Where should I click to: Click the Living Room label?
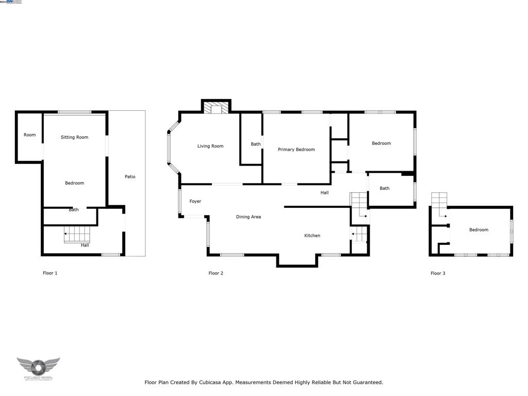coord(210,146)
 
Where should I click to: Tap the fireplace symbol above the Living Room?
coord(216,107)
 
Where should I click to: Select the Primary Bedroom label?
coord(296,150)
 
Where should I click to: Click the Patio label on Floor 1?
coord(130,177)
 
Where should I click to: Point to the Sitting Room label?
coord(74,137)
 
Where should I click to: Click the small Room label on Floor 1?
coord(29,135)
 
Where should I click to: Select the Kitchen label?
coord(312,236)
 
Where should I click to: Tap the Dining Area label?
coord(249,217)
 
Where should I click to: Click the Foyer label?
coord(195,201)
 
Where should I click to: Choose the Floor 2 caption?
coord(216,273)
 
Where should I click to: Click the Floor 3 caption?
coord(438,273)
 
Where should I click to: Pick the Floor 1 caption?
coord(49,273)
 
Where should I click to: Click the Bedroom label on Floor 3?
coord(478,230)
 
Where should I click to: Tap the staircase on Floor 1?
coord(77,235)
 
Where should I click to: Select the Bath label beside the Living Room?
coord(256,144)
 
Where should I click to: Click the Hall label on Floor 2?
coord(324,193)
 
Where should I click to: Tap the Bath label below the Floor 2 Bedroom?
coord(385,189)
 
